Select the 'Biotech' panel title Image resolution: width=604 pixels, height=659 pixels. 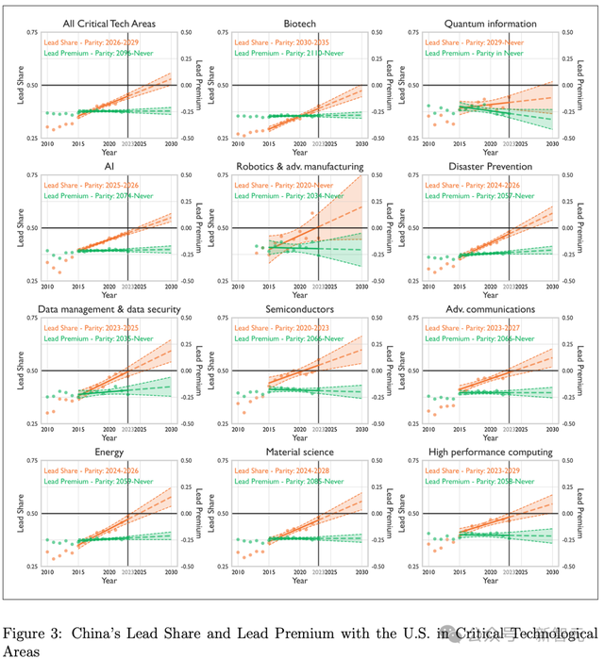(299, 21)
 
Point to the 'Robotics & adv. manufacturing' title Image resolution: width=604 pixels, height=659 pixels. (299, 165)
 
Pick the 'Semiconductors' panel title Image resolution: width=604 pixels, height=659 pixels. (299, 308)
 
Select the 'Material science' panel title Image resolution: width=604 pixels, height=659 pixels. (299, 452)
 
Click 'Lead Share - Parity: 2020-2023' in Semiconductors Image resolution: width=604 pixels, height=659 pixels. (282, 327)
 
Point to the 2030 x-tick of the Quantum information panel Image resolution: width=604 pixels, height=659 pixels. (552, 143)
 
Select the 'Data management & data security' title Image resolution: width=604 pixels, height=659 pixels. (108, 308)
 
